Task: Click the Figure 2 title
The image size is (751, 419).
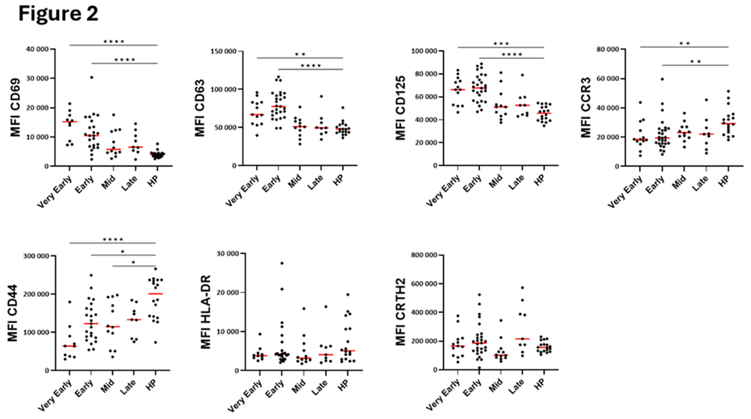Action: coord(58,14)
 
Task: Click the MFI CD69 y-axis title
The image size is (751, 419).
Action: coord(15,107)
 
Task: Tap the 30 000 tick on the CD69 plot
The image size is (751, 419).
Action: coord(37,78)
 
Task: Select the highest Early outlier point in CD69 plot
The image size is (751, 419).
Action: coord(91,77)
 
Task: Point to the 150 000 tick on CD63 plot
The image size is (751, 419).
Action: coord(223,51)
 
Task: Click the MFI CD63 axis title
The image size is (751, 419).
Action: coord(200,108)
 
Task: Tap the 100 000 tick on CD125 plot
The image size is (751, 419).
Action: coord(424,51)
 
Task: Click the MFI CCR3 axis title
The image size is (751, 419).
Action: coord(586,107)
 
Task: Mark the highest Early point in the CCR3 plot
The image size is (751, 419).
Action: coord(662,79)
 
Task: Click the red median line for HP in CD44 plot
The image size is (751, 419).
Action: coord(155,294)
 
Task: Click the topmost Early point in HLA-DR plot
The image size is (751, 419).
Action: coord(282,263)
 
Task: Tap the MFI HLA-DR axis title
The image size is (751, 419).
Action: coord(206,312)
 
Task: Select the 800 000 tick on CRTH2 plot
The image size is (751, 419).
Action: coord(424,255)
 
